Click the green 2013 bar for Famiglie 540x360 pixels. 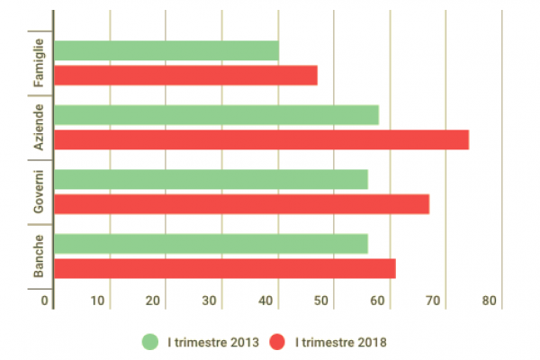click(166, 51)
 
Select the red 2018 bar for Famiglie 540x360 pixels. click(186, 76)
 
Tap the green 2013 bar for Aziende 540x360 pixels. click(216, 115)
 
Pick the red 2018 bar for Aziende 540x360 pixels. click(261, 139)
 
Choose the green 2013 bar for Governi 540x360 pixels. click(211, 180)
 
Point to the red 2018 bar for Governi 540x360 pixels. click(241, 204)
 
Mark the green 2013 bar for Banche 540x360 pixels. click(211, 244)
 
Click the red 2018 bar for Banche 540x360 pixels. click(225, 268)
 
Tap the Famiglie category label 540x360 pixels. click(40, 63)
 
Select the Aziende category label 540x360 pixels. click(40, 128)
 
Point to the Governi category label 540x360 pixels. click(40, 192)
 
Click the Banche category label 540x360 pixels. click(40, 256)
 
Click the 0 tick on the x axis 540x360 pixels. click(45, 301)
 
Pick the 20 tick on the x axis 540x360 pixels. click(154, 301)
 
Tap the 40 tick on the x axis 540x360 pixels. click(266, 301)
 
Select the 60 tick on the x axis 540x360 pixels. click(377, 301)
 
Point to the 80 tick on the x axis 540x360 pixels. click(489, 301)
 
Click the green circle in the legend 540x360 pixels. click(150, 342)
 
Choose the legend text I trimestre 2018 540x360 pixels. click(341, 342)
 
